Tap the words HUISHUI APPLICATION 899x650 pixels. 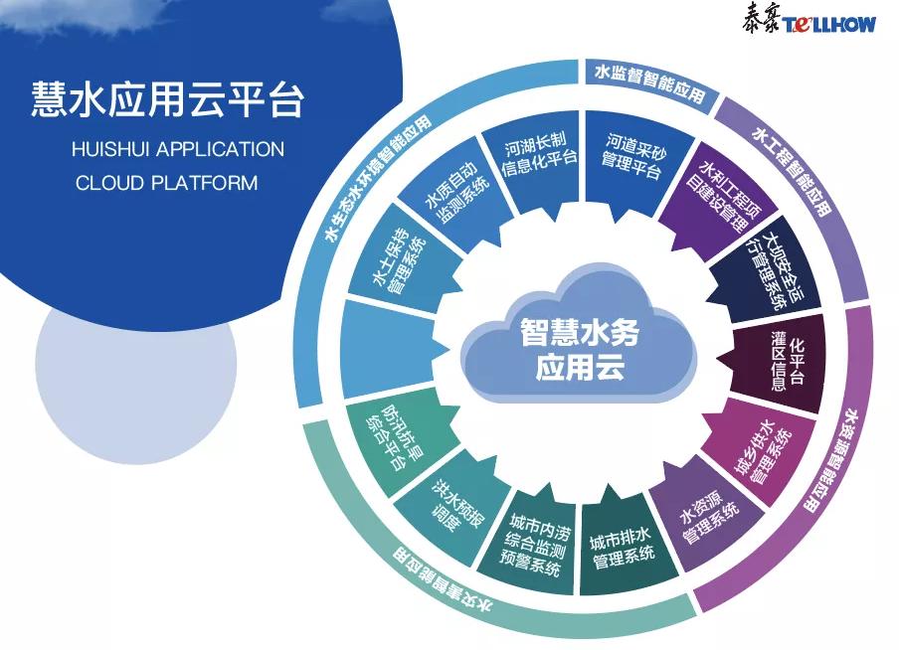(x=178, y=150)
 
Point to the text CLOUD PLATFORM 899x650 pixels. (x=166, y=183)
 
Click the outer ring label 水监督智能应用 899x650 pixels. (x=647, y=81)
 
